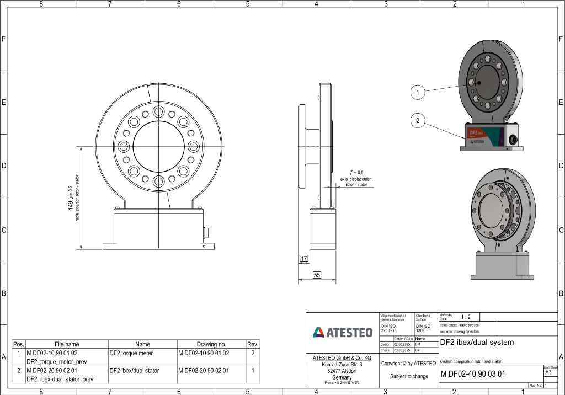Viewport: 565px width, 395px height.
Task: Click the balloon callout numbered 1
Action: (x=418, y=93)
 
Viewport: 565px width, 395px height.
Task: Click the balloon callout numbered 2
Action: (x=418, y=120)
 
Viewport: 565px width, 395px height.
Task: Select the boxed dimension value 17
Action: (x=303, y=258)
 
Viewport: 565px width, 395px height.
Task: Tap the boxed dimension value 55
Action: (x=317, y=275)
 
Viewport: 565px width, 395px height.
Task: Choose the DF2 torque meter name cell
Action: (x=131, y=353)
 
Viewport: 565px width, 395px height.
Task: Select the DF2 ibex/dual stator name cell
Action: (x=134, y=371)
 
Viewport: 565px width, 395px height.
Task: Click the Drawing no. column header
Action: (x=211, y=344)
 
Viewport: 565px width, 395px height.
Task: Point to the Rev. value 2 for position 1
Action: (x=253, y=353)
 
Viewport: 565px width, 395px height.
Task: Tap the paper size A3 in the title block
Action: (x=548, y=372)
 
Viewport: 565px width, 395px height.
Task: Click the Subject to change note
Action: (x=409, y=376)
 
